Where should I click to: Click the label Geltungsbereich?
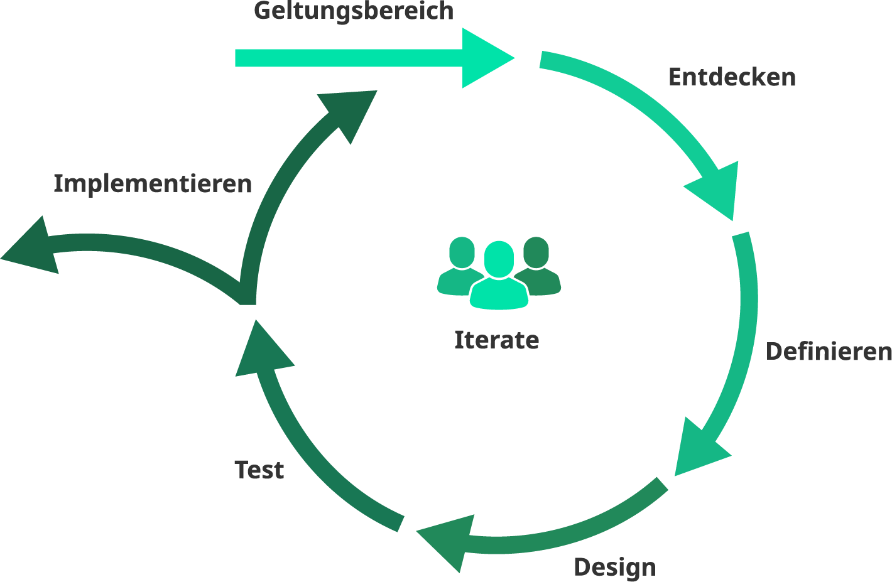tap(354, 11)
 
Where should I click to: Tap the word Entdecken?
tap(732, 77)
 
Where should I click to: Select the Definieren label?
tap(829, 352)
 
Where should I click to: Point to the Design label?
tap(614, 568)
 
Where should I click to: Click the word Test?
tap(259, 470)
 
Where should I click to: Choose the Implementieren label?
tap(153, 184)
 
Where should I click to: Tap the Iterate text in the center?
tap(496, 340)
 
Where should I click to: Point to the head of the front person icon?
tap(499, 257)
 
